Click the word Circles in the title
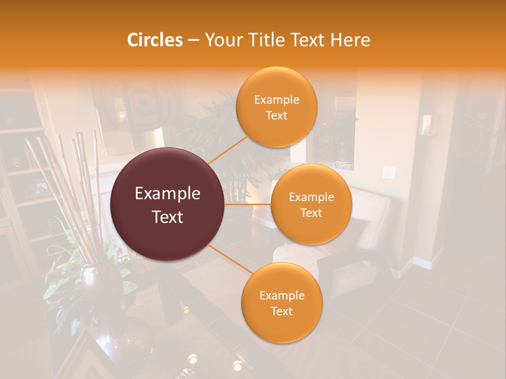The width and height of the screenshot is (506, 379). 154,40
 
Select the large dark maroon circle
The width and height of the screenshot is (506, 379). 167,204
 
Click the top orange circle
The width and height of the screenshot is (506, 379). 276,107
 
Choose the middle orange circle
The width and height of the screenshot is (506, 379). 311,204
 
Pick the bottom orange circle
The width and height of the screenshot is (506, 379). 281,303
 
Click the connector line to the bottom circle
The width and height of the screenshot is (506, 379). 227,258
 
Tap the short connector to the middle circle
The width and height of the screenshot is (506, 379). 248,204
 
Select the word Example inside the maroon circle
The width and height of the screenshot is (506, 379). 167,194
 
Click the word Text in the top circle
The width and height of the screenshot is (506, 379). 276,115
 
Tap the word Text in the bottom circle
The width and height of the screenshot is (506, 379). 281,311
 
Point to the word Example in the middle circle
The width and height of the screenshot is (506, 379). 311,197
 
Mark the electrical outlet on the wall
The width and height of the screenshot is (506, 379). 389,172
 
